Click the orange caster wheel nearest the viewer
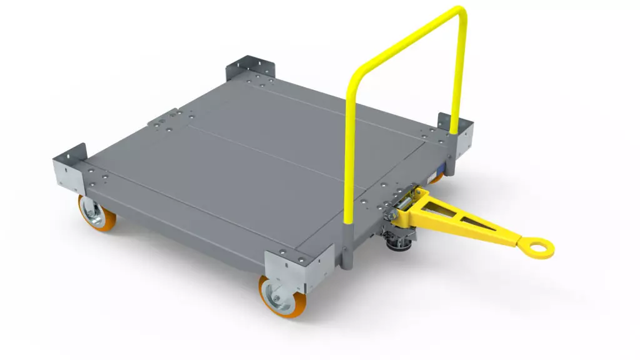pos(277,299)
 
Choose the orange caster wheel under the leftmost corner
pos(94,212)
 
